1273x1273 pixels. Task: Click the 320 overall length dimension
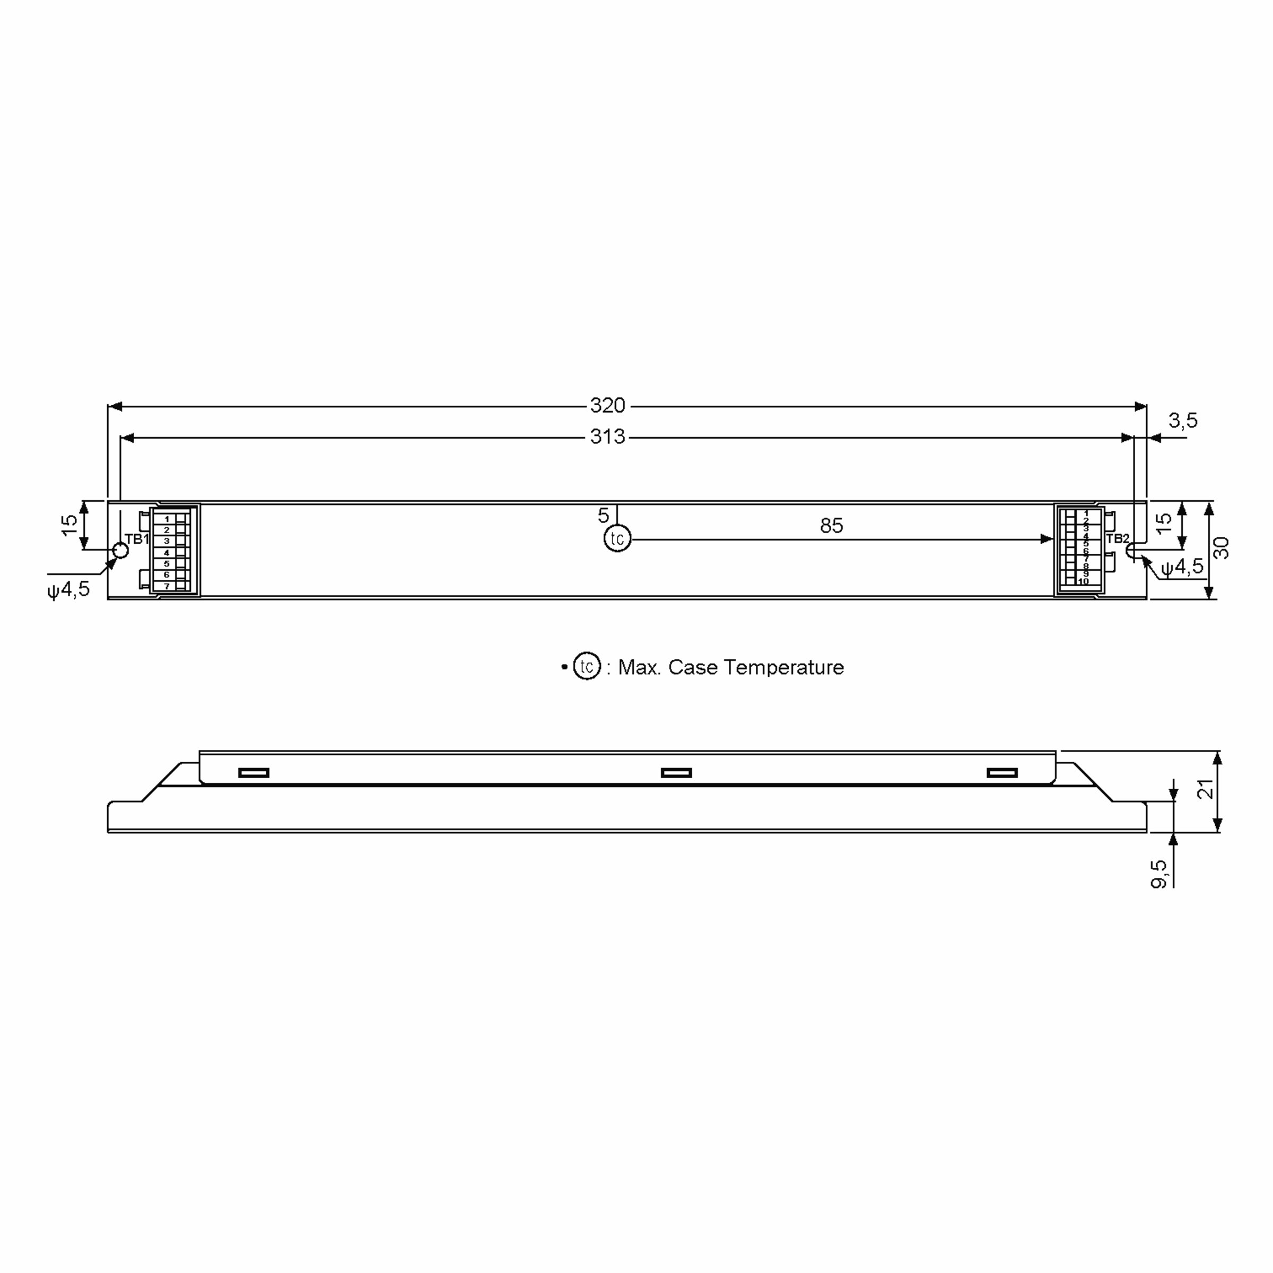(607, 406)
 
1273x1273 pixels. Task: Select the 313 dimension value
(607, 437)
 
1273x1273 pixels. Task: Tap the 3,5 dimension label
(1183, 421)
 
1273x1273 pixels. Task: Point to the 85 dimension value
(832, 526)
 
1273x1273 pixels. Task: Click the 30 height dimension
(1221, 548)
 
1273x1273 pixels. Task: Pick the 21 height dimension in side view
(1205, 789)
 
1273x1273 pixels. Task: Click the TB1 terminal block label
(137, 539)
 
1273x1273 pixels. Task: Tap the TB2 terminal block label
(1118, 539)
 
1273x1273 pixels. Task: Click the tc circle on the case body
(617, 539)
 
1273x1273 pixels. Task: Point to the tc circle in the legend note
(587, 666)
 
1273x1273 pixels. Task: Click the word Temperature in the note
(783, 667)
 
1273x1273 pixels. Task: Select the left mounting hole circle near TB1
(120, 550)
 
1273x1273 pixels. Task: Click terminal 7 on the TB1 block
(167, 586)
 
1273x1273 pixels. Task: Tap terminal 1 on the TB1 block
(167, 519)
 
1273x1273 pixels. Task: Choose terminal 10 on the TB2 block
(1084, 582)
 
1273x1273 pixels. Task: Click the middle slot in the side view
(676, 773)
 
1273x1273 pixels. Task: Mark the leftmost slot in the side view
(254, 773)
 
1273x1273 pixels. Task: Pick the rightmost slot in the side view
(1001, 773)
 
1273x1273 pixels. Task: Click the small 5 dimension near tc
(604, 515)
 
